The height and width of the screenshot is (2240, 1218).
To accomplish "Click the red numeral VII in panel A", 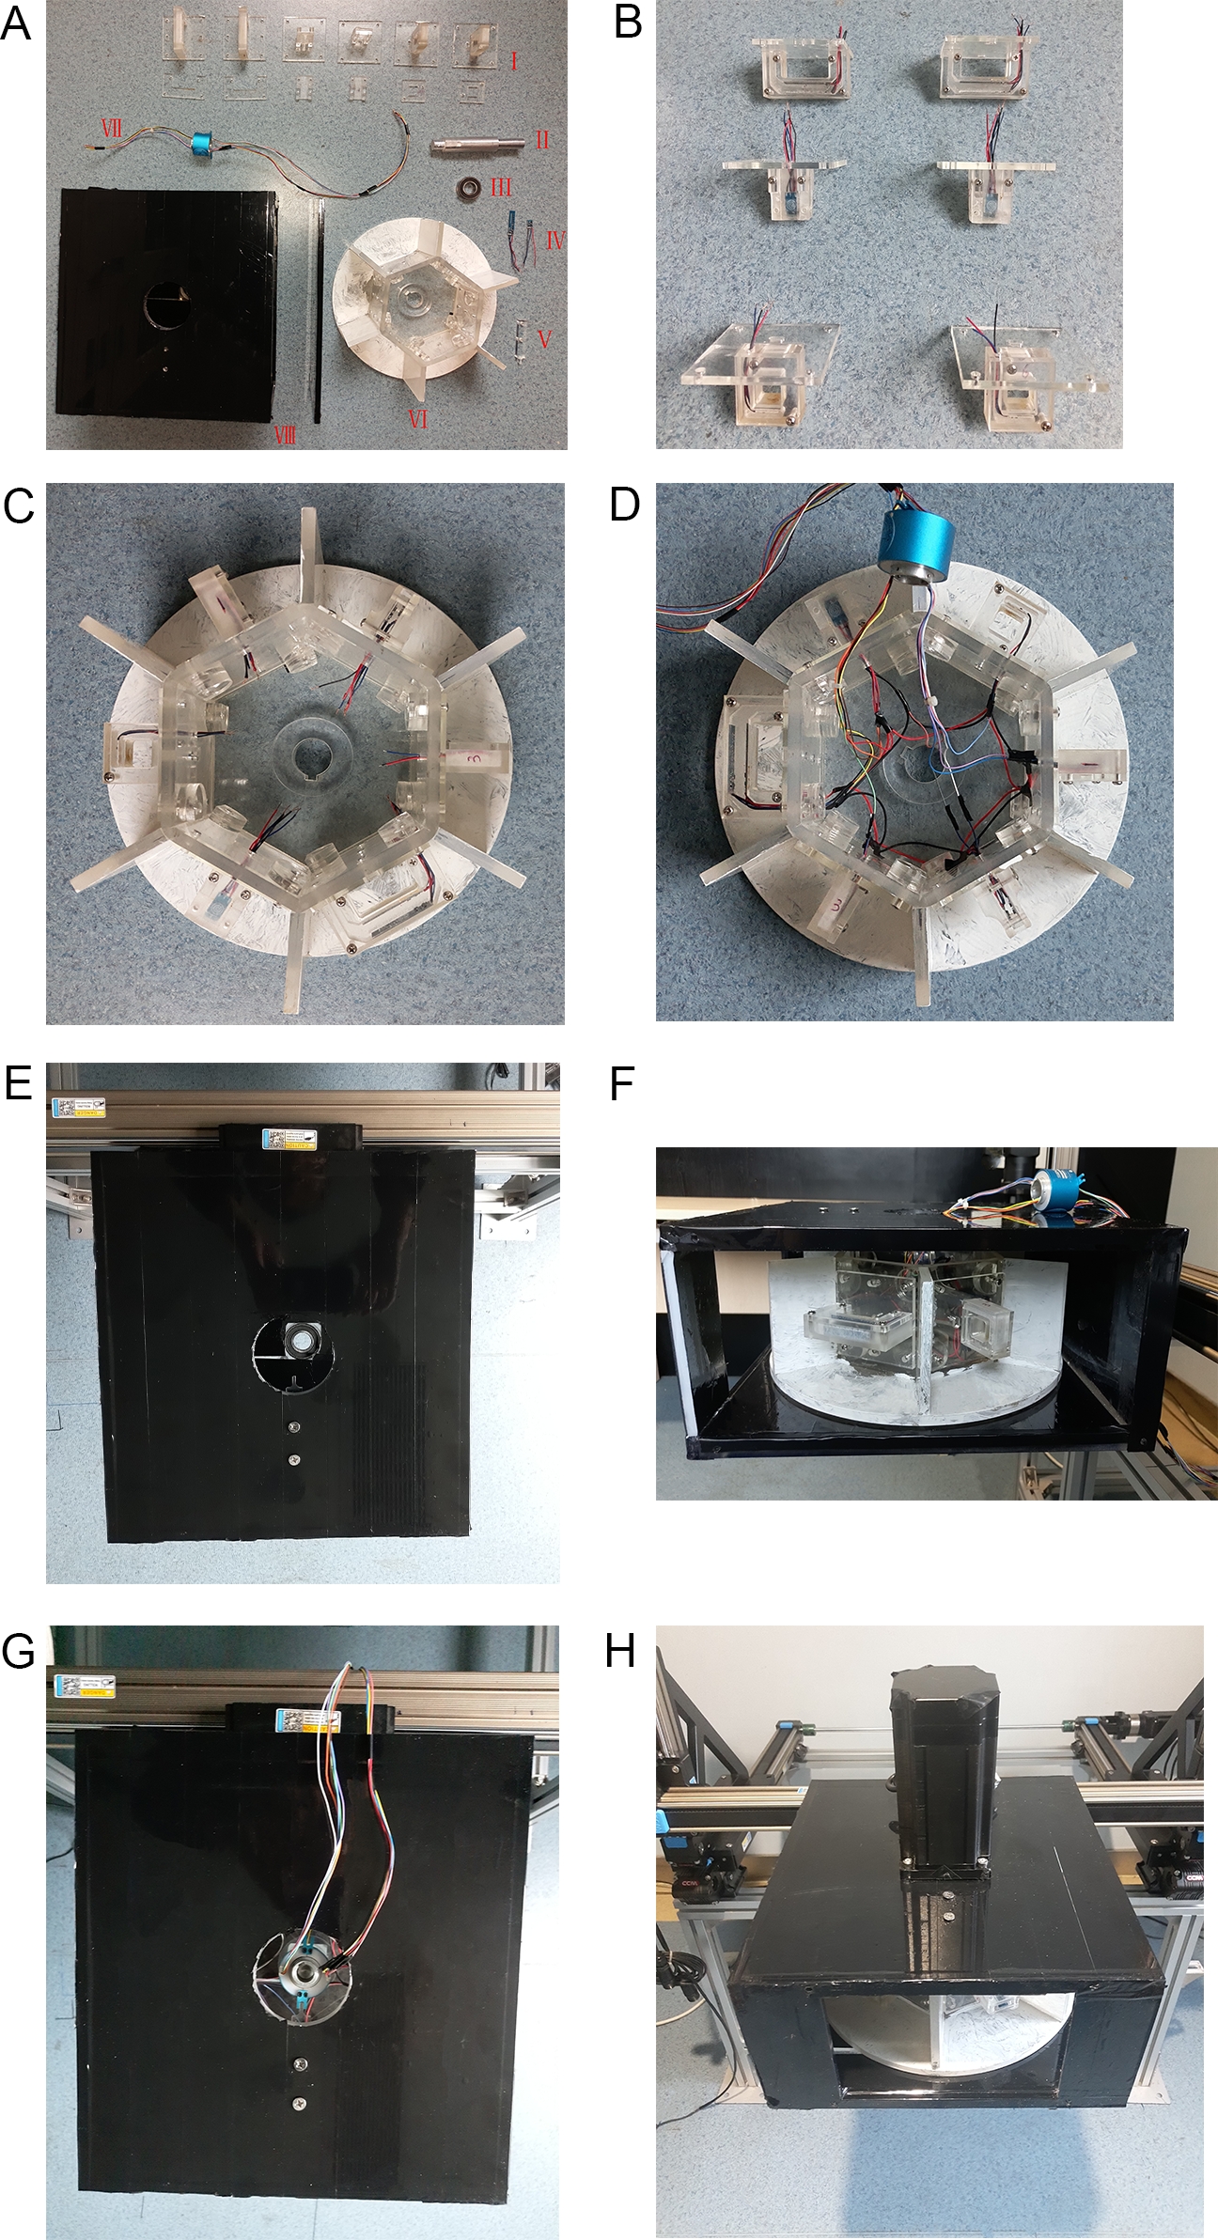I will click(111, 128).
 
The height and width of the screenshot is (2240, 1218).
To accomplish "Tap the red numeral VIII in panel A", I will click(284, 434).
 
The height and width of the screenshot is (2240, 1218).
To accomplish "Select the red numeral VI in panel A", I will click(418, 419).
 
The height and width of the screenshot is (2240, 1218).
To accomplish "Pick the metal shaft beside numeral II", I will click(476, 147).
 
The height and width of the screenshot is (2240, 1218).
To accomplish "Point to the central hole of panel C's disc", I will click(307, 756).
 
